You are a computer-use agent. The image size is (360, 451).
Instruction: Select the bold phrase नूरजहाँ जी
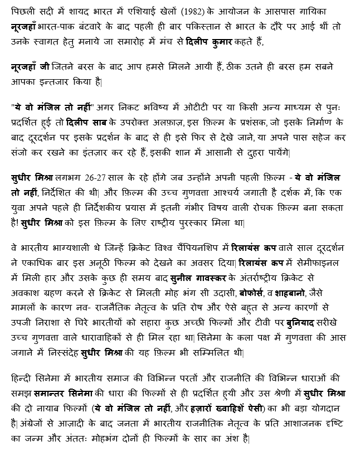[31, 66]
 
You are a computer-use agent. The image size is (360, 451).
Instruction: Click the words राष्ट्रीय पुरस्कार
[192, 222]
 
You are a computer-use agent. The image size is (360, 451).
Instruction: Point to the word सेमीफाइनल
[325, 260]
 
